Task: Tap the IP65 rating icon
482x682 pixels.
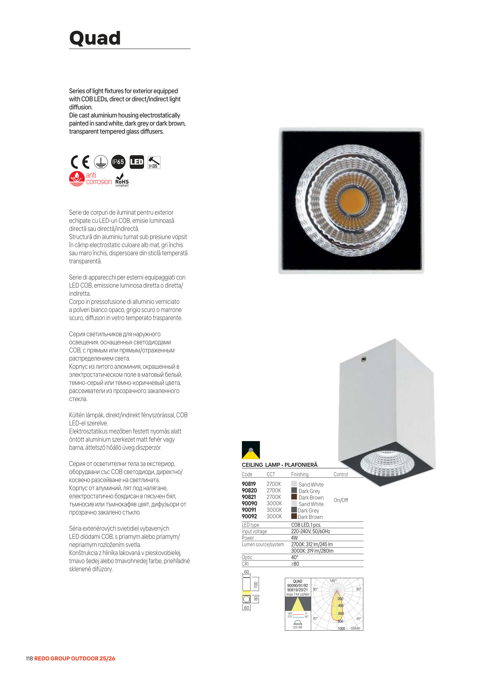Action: [118, 162]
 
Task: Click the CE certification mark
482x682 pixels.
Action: [80, 162]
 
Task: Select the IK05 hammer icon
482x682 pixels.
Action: [154, 162]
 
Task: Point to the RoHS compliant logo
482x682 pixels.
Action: [122, 180]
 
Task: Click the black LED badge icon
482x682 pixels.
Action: [137, 162]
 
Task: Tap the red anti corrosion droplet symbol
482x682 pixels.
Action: [77, 179]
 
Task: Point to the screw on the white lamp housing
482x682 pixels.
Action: [364, 359]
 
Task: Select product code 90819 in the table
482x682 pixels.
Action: [248, 484]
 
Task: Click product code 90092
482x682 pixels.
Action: [249, 516]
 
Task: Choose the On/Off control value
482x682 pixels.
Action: [341, 500]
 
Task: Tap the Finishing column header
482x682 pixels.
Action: [300, 474]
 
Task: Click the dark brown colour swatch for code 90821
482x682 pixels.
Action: [294, 497]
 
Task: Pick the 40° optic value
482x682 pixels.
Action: [295, 557]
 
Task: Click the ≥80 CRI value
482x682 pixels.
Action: [295, 564]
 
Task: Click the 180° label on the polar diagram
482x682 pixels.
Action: [333, 581]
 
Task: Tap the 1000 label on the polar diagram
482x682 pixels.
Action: [341, 629]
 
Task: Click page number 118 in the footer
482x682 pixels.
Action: [29, 659]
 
